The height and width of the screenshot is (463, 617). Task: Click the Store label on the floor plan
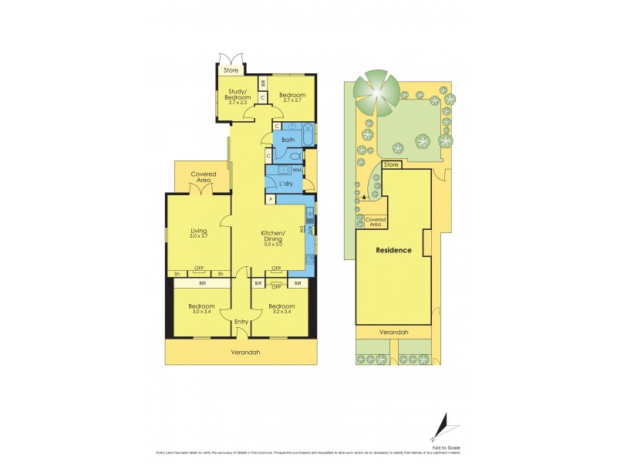click(231, 71)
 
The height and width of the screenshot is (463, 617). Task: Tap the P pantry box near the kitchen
click(270, 199)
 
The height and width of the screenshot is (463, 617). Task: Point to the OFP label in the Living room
click(198, 268)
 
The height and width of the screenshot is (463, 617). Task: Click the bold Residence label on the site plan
click(393, 250)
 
